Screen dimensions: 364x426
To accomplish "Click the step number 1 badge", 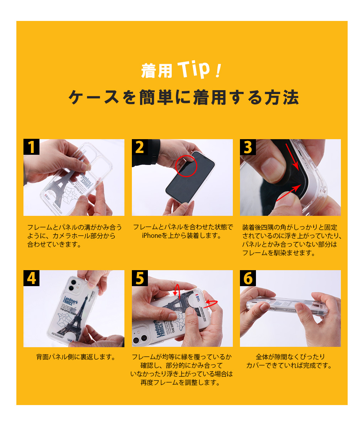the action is click(31, 147).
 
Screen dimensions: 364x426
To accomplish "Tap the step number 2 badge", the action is click(140, 147).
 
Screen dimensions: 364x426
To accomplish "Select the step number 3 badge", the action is click(248, 147).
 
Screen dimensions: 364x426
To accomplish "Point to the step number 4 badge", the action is click(31, 278).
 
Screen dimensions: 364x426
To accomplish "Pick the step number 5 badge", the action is click(140, 278).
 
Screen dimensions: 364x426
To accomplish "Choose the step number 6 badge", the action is click(248, 278).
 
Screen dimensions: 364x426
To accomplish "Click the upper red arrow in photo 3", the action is click(292, 157).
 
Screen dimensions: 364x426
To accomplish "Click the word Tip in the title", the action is click(194, 70).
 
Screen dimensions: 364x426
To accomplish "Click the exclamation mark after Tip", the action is click(218, 71).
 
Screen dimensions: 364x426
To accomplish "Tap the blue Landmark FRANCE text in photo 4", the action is click(70, 301).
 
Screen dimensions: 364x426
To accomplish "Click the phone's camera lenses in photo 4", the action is click(73, 285).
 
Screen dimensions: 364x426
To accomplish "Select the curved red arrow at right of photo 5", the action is click(212, 302).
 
